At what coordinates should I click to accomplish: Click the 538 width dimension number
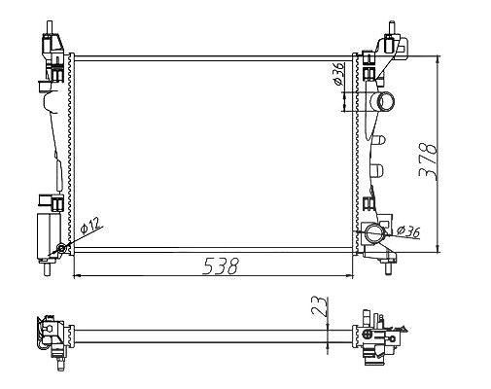(x=221, y=266)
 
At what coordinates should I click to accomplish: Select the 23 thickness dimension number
(x=320, y=306)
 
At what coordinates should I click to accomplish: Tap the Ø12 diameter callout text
(x=90, y=225)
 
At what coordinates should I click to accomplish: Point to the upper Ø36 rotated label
(x=338, y=74)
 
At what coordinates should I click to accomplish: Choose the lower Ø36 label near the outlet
(x=408, y=230)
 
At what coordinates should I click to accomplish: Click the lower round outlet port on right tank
(x=374, y=233)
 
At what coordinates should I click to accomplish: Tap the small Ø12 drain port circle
(x=61, y=249)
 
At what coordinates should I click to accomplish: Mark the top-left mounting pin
(x=49, y=27)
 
